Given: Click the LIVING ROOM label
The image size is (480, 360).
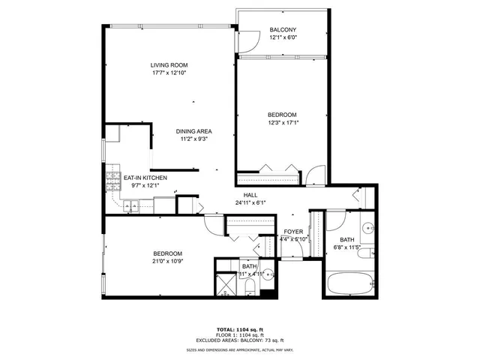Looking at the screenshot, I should (x=168, y=65).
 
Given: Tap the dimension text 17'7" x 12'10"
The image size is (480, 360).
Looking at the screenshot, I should (x=168, y=73).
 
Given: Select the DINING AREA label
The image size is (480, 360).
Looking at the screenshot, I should (x=194, y=130).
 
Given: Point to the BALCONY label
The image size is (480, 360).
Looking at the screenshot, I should (x=283, y=30).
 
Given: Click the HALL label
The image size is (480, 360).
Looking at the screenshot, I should (x=240, y=194).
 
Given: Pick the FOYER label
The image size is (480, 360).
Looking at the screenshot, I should (x=292, y=232).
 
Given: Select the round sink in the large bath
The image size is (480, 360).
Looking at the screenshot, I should (x=368, y=228).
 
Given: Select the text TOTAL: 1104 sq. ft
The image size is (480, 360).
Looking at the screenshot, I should (x=240, y=329).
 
